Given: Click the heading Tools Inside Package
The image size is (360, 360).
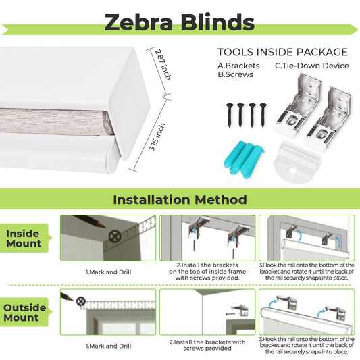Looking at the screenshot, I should click(282, 52).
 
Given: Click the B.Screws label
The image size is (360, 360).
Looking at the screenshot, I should click(234, 74).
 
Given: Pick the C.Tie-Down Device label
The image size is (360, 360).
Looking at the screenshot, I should click(311, 66).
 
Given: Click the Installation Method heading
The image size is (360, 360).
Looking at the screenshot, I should click(180, 199).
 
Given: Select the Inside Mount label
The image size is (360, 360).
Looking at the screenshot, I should click(24, 238).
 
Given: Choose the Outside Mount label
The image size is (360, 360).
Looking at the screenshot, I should click(24, 312).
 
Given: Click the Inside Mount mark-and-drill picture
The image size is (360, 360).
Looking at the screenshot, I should click(108, 238).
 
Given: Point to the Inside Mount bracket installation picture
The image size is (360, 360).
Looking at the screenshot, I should click(207, 238).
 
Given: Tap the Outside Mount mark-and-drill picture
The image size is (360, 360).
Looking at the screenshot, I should click(108, 311).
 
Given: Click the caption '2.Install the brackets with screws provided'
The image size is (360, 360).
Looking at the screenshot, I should click(207, 345).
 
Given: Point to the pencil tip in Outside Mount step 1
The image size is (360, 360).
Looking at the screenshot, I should click(70, 298).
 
